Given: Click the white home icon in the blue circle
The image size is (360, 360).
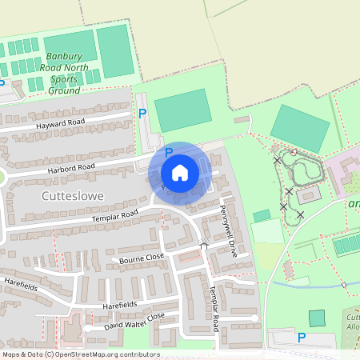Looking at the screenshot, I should coord(180,172).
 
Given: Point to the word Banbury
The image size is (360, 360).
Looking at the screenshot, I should coord(64,57).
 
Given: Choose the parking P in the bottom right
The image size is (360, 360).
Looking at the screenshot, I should coord(302,338).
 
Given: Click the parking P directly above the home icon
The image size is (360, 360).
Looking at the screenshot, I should coord(168,151).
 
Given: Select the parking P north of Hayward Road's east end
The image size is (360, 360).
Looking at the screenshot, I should coord(142,114).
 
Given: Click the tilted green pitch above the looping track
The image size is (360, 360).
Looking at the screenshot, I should coord(300,127).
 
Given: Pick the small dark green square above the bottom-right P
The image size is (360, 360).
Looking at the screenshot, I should coord(318,318).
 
